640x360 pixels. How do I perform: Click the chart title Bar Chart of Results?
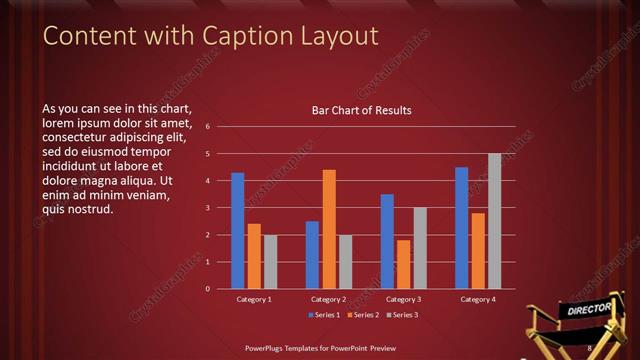(x=362, y=110)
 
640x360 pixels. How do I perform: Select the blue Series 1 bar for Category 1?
(x=238, y=230)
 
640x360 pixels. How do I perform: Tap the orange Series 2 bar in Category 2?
(x=329, y=229)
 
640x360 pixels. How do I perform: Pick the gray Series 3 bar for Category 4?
(x=494, y=221)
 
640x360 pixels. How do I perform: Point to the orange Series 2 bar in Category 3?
(x=403, y=264)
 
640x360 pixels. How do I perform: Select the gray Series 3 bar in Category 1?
(x=270, y=261)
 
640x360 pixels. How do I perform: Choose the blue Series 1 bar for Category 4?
(x=461, y=227)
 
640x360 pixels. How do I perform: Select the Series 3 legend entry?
(x=403, y=315)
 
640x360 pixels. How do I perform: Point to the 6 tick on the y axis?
(x=207, y=127)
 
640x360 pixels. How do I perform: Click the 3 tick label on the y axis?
(x=207, y=208)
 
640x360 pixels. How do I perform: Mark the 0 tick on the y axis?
(x=207, y=289)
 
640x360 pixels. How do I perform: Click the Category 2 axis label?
(x=329, y=299)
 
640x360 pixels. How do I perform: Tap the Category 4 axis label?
(x=478, y=299)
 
